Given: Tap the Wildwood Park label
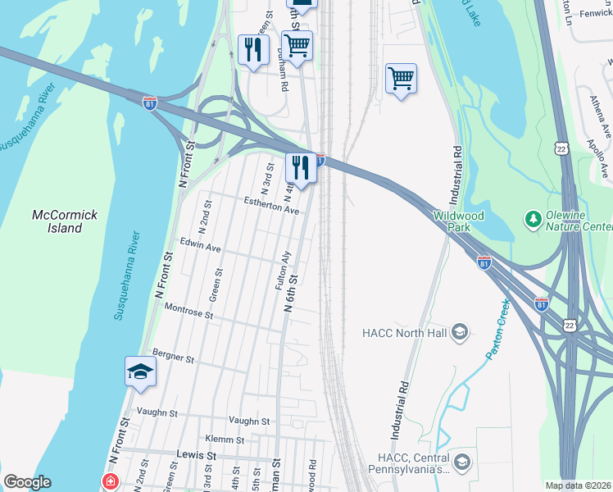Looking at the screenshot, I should click(459, 221).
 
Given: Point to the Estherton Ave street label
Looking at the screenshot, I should click(271, 205).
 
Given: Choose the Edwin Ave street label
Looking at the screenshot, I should click(201, 247).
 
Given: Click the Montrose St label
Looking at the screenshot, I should click(188, 311).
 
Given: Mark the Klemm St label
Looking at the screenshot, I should click(226, 440).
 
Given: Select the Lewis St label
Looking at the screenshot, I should click(196, 453).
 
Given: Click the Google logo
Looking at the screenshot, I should click(27, 482).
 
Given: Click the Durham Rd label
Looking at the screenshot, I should click(283, 74).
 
